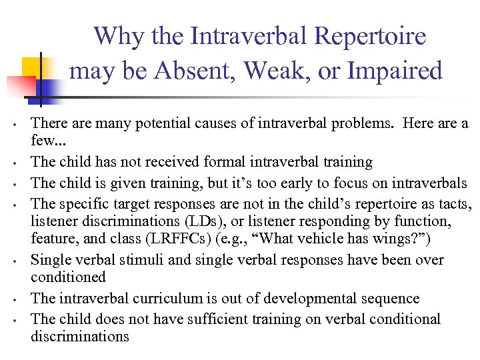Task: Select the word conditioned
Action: coord(69,276)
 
